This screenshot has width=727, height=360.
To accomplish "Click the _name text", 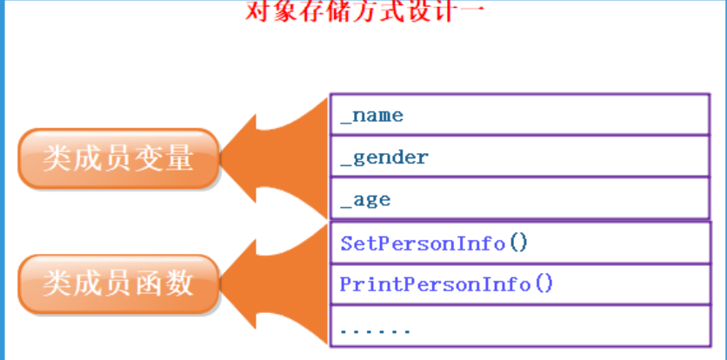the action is click(x=372, y=115).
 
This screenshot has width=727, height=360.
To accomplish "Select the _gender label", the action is click(x=384, y=157).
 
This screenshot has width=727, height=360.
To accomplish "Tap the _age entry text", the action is click(x=366, y=200).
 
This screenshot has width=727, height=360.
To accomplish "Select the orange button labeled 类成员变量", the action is click(x=118, y=159).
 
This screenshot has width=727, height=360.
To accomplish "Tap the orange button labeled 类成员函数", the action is click(x=118, y=284).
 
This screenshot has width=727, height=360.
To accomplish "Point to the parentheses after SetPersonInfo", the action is click(x=518, y=243).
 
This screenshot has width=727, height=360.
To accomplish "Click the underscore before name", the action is click(x=345, y=119).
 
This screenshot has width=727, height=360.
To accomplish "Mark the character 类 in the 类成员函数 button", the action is click(x=57, y=284).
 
